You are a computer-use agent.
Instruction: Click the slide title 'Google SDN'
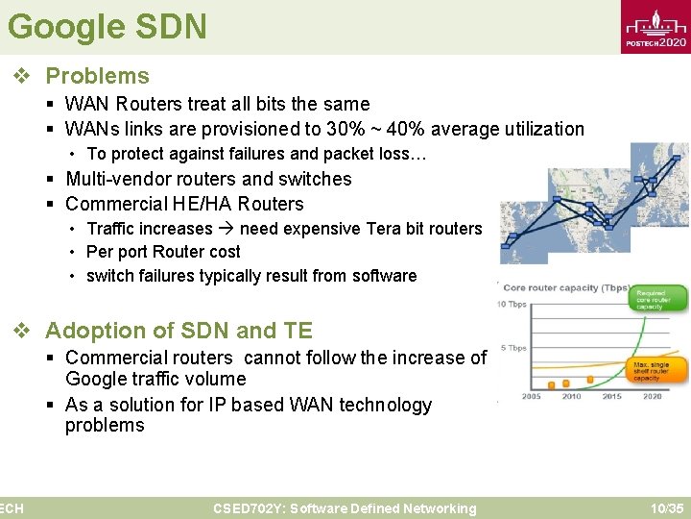point(107,26)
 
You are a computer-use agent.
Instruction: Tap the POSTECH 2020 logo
point(655,29)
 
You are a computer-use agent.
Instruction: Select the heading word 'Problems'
point(98,76)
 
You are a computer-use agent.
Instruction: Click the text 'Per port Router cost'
point(163,252)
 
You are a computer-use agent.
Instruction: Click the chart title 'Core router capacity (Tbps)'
point(566,287)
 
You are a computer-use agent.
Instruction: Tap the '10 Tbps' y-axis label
point(512,305)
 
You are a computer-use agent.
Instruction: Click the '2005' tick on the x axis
point(530,396)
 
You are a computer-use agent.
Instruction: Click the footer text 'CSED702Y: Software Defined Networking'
point(345,508)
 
